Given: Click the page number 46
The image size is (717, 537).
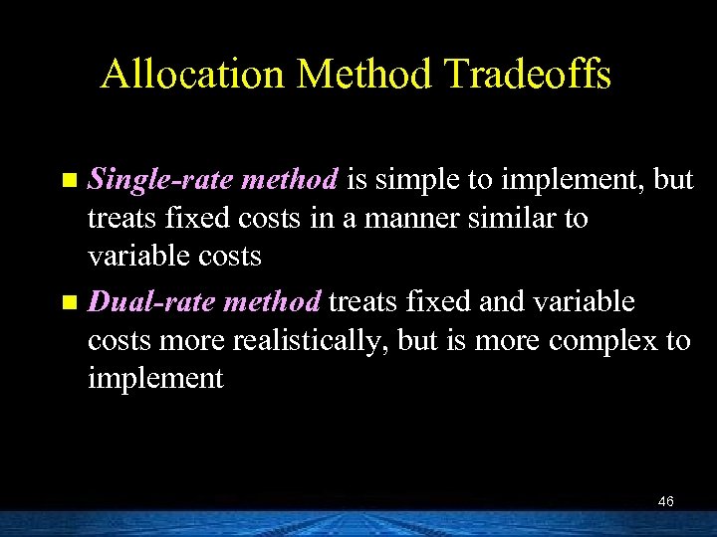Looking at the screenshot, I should (x=666, y=502).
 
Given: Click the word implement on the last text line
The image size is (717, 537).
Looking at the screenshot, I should (x=155, y=378).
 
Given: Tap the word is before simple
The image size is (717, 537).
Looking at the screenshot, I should (x=358, y=181).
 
